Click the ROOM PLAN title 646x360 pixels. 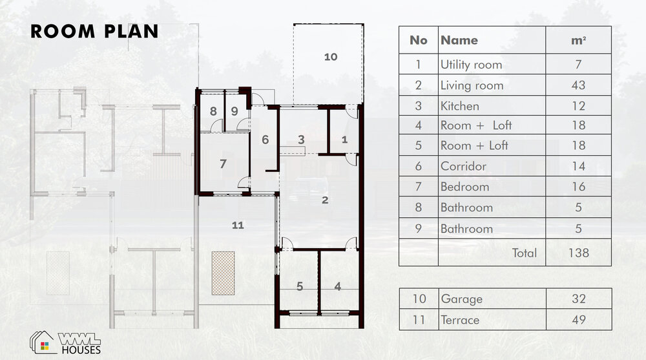pyautogui.click(x=94, y=31)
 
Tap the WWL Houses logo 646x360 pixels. pyautogui.click(x=65, y=343)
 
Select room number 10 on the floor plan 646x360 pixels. pyautogui.click(x=330, y=57)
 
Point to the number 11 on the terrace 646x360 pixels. pyautogui.click(x=238, y=225)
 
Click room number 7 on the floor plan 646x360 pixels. pyautogui.click(x=223, y=164)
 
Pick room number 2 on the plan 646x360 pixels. pyautogui.click(x=325, y=200)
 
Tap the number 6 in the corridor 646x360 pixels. pyautogui.click(x=266, y=140)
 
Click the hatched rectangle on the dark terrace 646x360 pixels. pyautogui.click(x=224, y=273)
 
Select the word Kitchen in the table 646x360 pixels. pyautogui.click(x=460, y=106)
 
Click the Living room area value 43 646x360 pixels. pyautogui.click(x=578, y=85)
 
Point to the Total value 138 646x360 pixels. pyautogui.click(x=578, y=252)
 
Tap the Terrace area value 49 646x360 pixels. pyautogui.click(x=579, y=319)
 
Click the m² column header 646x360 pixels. pyautogui.click(x=578, y=40)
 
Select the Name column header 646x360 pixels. pyautogui.click(x=459, y=40)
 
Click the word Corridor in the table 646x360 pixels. pyautogui.click(x=463, y=166)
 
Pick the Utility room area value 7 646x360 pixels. pyautogui.click(x=578, y=65)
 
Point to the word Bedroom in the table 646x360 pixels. pyautogui.click(x=464, y=187)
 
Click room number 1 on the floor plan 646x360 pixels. pyautogui.click(x=344, y=140)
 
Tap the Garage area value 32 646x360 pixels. pyautogui.click(x=579, y=299)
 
